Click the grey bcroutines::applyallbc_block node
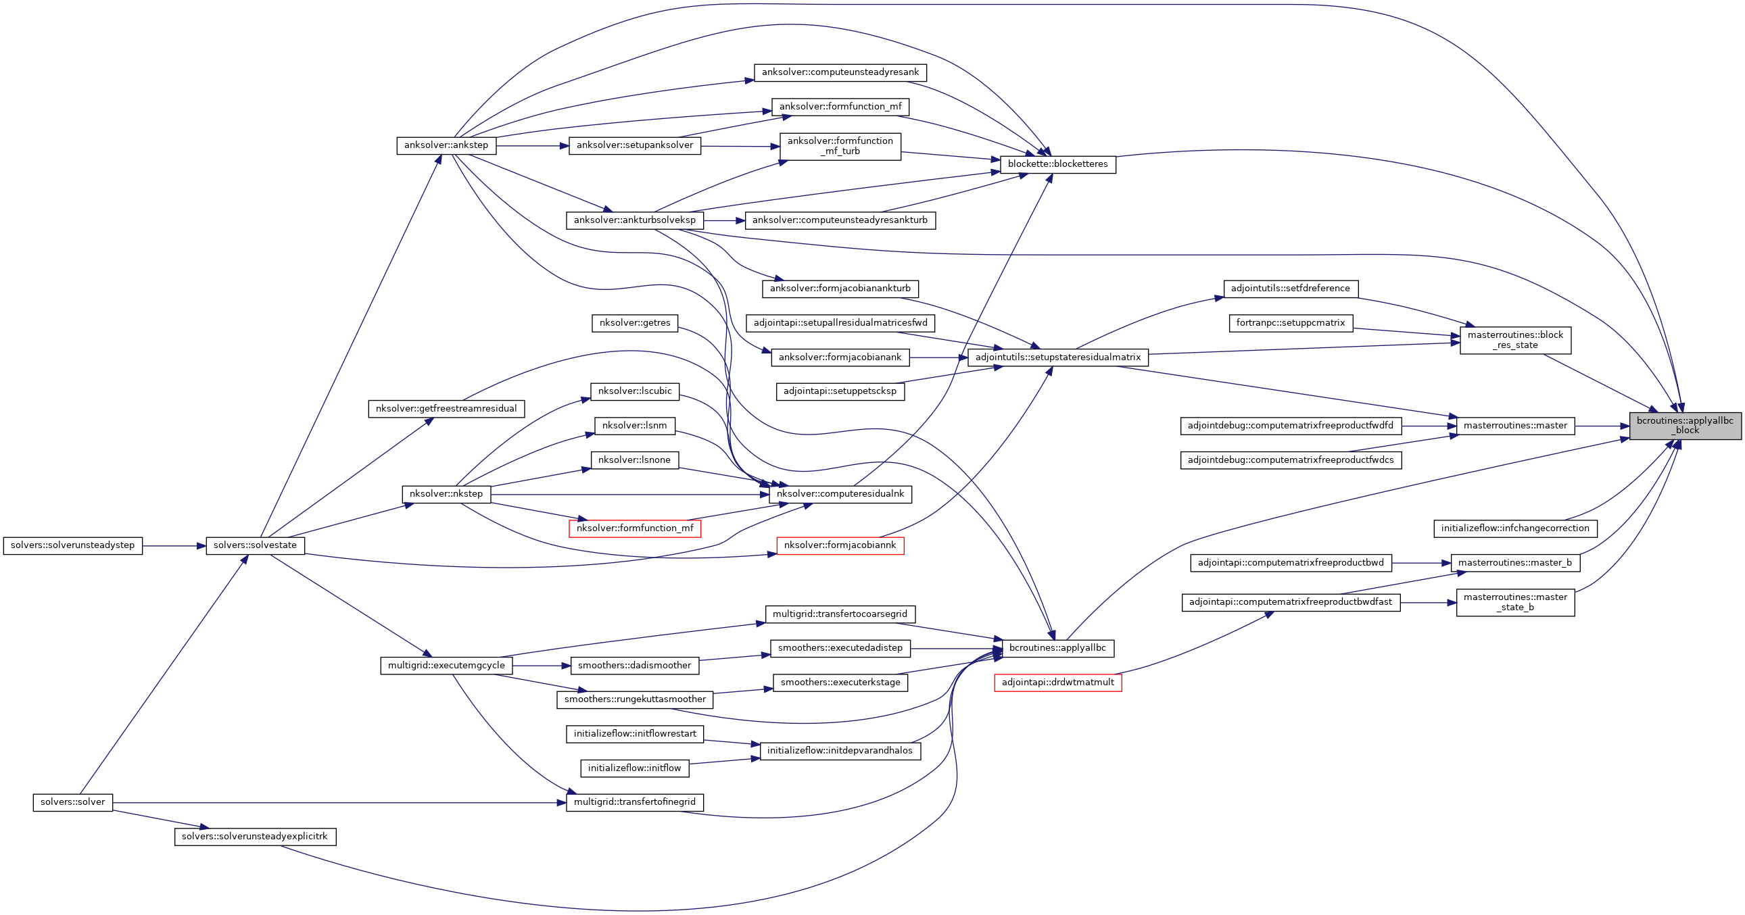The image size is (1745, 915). (1685, 425)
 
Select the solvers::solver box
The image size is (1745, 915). (72, 802)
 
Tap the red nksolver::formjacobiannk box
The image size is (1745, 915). (839, 545)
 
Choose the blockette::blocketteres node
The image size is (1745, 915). (1057, 164)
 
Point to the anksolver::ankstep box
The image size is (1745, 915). (446, 145)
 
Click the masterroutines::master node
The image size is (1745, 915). (1514, 426)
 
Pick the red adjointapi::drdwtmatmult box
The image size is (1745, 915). (1057, 682)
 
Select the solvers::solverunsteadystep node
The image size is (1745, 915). (72, 545)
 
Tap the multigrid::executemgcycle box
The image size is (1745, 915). (446, 666)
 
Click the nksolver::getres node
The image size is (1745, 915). (634, 323)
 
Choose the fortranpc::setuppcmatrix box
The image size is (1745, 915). (1290, 323)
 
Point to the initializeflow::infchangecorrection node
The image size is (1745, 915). (1514, 528)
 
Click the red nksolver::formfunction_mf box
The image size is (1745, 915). (634, 528)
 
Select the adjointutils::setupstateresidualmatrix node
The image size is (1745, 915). (1057, 357)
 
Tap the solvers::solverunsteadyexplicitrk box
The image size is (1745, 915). (255, 837)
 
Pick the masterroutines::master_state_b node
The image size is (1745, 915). (1514, 602)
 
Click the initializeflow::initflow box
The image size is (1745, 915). (634, 768)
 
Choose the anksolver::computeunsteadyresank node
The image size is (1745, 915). (839, 72)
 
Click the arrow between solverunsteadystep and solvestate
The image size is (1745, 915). (174, 546)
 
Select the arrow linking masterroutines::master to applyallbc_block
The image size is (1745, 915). (1602, 426)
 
